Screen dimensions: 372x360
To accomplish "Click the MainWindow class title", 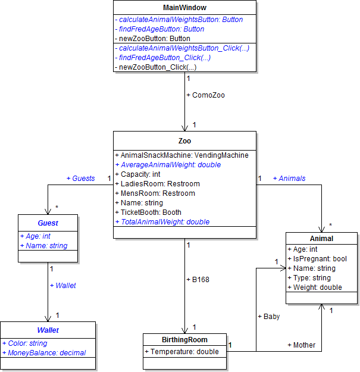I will click(x=184, y=8).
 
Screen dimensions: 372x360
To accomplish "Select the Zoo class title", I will click(x=184, y=141).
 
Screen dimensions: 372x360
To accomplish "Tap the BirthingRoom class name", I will click(x=184, y=340).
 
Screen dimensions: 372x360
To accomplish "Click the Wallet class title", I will click(x=48, y=330).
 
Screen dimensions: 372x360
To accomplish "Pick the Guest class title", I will click(x=48, y=223).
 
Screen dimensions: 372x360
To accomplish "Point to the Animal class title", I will click(x=322, y=239).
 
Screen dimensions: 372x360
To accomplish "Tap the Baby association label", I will click(x=268, y=317).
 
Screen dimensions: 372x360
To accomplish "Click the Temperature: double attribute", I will click(x=181, y=352).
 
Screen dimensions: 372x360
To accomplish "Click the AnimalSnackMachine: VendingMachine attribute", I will click(x=181, y=155).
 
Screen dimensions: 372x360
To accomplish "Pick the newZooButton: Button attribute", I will click(x=152, y=39).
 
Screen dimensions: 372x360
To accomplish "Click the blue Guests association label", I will click(x=80, y=178).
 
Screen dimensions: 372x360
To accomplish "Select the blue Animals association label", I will click(x=289, y=178).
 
